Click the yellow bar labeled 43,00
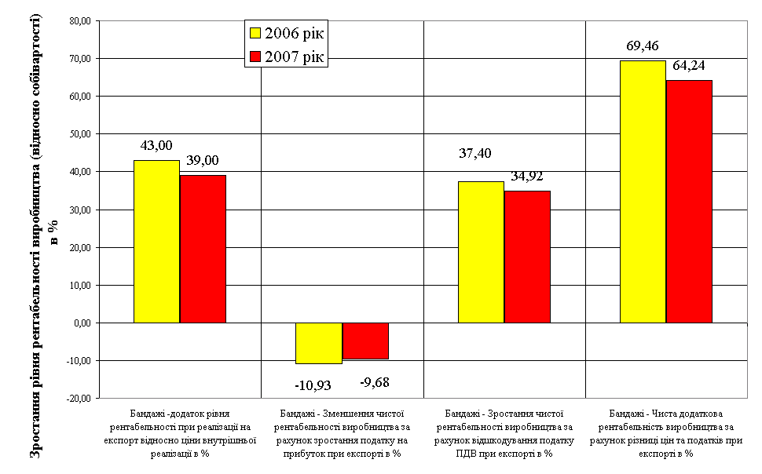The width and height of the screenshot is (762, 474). pos(156,242)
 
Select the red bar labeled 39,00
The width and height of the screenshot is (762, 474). pos(203,249)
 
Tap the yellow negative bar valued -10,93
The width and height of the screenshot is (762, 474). pos(319,343)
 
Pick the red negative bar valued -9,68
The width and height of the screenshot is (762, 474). pos(365,341)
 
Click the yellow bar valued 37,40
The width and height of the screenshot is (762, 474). pos(481,252)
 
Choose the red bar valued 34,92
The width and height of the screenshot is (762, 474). pos(527,257)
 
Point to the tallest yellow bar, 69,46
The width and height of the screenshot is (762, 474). pos(643,191)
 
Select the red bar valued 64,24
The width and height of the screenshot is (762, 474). pos(689,202)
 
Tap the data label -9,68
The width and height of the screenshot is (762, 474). pos(375,383)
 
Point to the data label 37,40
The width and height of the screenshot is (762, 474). pos(475,153)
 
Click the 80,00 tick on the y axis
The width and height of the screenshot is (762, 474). pos(80,21)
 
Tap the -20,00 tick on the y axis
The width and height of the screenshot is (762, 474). pos(79,399)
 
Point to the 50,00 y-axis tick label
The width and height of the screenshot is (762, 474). pos(80,134)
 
